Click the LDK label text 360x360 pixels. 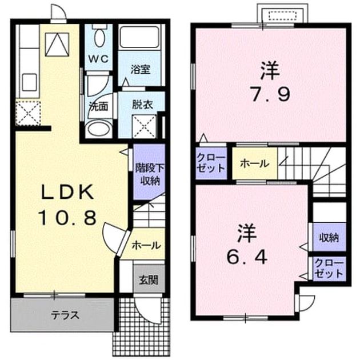[x=67, y=192]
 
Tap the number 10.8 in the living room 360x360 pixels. [x=67, y=218]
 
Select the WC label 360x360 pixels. [x=99, y=59]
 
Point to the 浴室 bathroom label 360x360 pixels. [x=141, y=70]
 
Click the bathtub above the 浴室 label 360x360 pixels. [x=139, y=37]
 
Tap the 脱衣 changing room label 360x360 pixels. [x=142, y=105]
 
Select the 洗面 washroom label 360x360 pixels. [x=98, y=106]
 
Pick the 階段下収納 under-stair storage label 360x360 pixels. [x=150, y=174]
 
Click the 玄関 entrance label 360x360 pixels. [x=149, y=280]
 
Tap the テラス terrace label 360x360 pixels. [x=65, y=315]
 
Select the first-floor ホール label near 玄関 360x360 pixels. [x=146, y=245]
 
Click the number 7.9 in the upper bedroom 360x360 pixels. [x=270, y=94]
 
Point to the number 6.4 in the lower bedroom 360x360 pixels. [x=247, y=257]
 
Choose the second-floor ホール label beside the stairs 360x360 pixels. [x=254, y=163]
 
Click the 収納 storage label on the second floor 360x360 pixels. [x=329, y=238]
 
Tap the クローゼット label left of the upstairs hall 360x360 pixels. [x=211, y=163]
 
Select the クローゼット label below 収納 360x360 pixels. [x=329, y=268]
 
